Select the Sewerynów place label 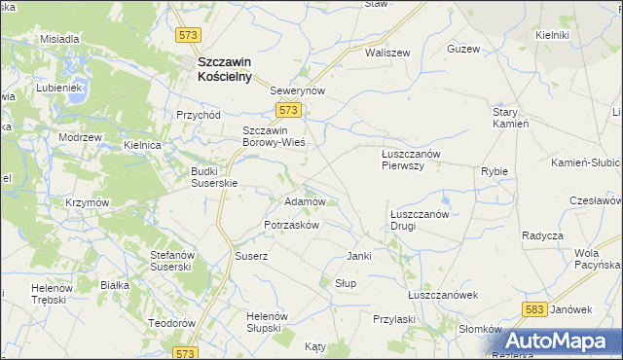pyautogui.click(x=296, y=89)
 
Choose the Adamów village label pyautogui.click(x=303, y=201)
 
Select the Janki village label pyautogui.click(x=360, y=256)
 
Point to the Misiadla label pyautogui.click(x=59, y=39)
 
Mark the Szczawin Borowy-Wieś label pyautogui.click(x=274, y=136)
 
